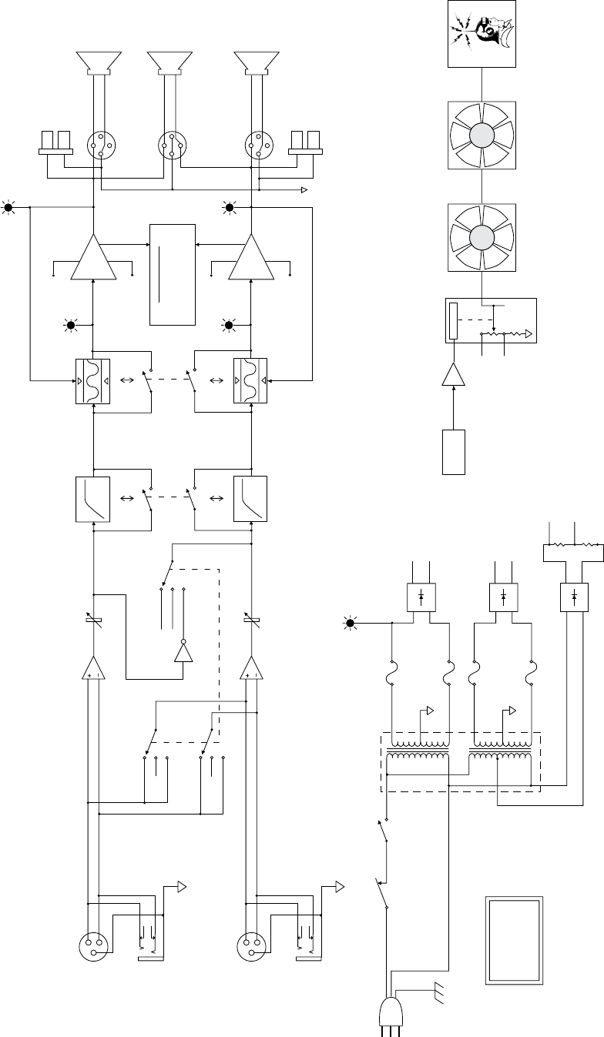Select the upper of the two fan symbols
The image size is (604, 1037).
pyautogui.click(x=482, y=136)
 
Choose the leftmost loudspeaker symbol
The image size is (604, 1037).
pyautogui.click(x=99, y=62)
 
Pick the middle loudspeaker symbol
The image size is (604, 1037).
pyautogui.click(x=169, y=62)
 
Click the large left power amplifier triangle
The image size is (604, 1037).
pyautogui.click(x=93, y=258)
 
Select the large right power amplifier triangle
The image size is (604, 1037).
pyautogui.click(x=250, y=258)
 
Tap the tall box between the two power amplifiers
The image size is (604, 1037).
pyautogui.click(x=172, y=275)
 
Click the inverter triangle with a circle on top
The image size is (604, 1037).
pyautogui.click(x=183, y=651)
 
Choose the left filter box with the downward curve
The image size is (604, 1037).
pyautogui.click(x=92, y=500)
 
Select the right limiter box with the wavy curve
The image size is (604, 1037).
pyautogui.click(x=250, y=380)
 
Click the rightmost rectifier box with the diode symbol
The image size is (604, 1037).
pyautogui.click(x=575, y=597)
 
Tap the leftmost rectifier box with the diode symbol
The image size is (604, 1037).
pyautogui.click(x=421, y=597)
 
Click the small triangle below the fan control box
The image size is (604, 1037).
pyautogui.click(x=455, y=376)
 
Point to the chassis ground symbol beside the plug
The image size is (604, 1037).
pyautogui.click(x=440, y=994)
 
